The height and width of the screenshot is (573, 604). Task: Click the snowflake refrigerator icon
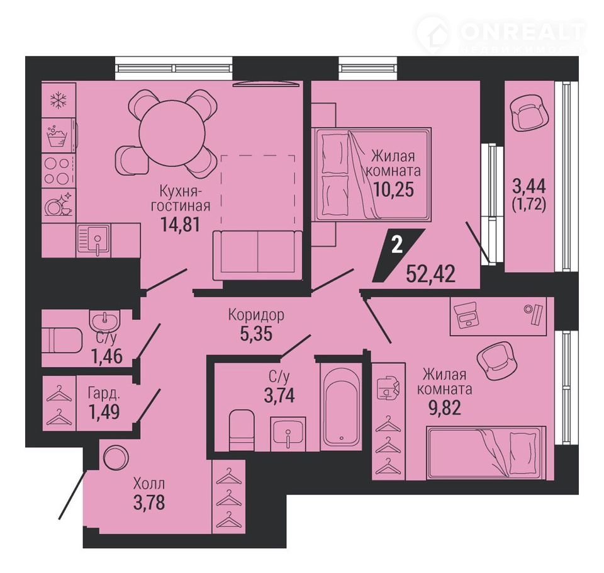pyautogui.click(x=59, y=100)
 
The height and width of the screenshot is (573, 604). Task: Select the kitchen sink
pyautogui.click(x=94, y=240)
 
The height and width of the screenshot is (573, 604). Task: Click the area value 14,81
pyautogui.click(x=181, y=225)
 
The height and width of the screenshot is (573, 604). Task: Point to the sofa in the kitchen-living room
pyautogui.click(x=257, y=255)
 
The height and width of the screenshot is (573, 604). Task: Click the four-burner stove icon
pyautogui.click(x=57, y=171)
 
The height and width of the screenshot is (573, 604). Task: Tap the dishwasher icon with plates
pyautogui.click(x=59, y=205)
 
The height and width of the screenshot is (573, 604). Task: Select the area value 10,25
pyautogui.click(x=394, y=189)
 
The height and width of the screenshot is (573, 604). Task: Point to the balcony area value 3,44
pyautogui.click(x=528, y=187)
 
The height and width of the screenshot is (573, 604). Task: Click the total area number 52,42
pyautogui.click(x=430, y=275)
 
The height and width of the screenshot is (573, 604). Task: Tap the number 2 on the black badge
pyautogui.click(x=397, y=245)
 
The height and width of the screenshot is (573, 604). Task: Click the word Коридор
pyautogui.click(x=256, y=315)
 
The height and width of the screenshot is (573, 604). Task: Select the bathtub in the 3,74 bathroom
pyautogui.click(x=341, y=406)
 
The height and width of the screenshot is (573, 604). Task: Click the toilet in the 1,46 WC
pyautogui.click(x=62, y=340)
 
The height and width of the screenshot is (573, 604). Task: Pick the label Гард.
pyautogui.click(x=104, y=394)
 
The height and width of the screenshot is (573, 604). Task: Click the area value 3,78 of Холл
pyautogui.click(x=149, y=502)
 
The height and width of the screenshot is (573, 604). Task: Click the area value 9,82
pyautogui.click(x=445, y=407)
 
